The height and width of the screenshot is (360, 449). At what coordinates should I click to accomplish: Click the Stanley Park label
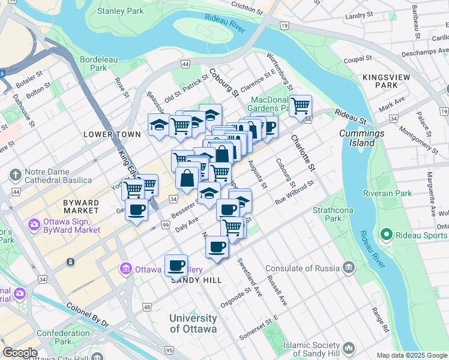120,11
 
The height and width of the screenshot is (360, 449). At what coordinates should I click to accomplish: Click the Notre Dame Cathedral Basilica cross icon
16,175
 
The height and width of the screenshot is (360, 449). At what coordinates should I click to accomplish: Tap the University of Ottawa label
193,323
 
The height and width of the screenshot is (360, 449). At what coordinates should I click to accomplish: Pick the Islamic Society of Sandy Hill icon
350,347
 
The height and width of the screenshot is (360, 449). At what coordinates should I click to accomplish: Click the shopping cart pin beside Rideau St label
300,106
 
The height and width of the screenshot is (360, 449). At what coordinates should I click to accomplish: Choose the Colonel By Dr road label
87,314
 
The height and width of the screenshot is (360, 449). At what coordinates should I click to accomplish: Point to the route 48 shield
146,307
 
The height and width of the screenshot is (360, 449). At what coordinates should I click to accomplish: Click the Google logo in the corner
19,353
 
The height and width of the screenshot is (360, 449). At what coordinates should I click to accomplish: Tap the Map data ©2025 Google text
412,355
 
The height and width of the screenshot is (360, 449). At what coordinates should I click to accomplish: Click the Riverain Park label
387,193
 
